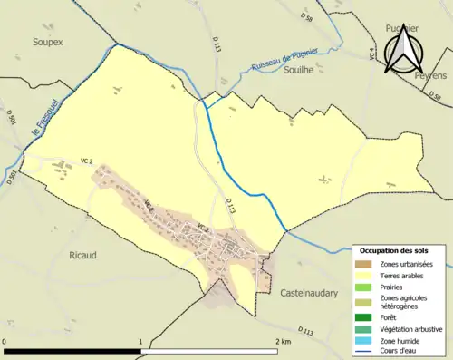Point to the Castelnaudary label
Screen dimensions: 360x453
(313, 293)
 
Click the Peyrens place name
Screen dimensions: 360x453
(431, 76)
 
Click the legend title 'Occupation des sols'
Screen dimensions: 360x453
(395, 250)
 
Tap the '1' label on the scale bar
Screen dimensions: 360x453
(140, 342)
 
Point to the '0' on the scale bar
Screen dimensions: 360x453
(5, 342)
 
